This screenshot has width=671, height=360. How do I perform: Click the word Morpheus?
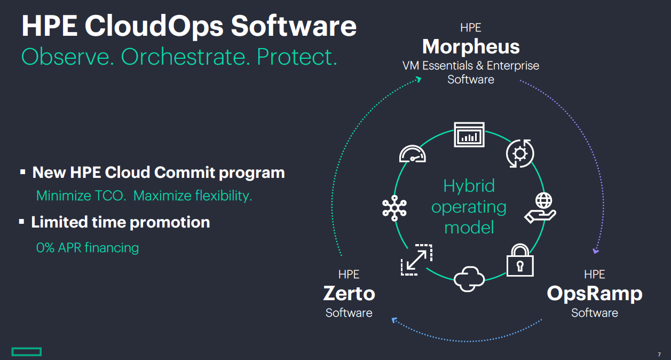point(470,47)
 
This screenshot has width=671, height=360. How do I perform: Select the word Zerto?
point(349,293)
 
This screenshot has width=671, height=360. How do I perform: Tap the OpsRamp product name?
point(594,293)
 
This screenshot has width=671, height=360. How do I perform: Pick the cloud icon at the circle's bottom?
point(469,278)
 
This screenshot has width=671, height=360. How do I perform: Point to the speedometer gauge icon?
point(413,154)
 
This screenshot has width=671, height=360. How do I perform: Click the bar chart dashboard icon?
point(469,135)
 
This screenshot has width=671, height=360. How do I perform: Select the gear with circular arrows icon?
point(519,154)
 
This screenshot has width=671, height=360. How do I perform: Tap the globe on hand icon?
point(541,207)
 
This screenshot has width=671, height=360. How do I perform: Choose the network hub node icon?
point(395,207)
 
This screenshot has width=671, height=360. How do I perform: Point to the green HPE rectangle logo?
point(26,351)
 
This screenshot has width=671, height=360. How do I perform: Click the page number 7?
point(659,354)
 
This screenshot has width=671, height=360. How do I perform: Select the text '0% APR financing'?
point(88,248)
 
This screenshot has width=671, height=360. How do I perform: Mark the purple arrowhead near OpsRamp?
point(596,250)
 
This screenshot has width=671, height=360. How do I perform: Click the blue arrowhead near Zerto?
point(395,320)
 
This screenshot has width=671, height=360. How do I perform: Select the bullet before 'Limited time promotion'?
point(22,221)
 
